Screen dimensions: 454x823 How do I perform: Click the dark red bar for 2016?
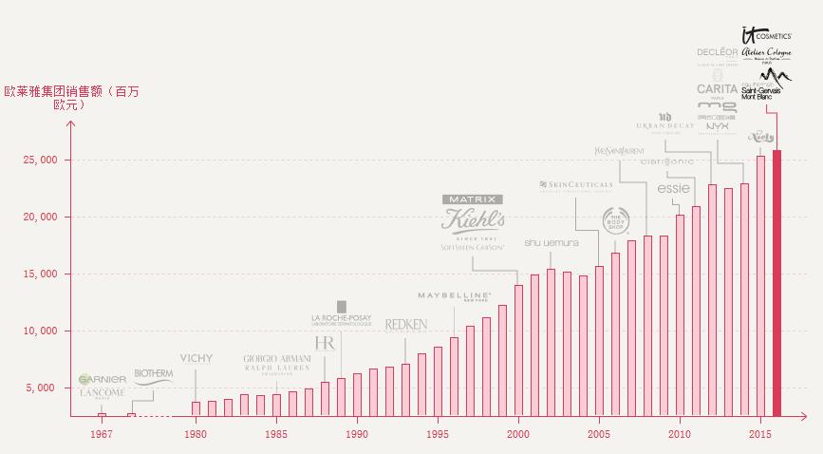(x=777, y=283)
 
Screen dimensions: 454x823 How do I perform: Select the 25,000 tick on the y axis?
(x=39, y=161)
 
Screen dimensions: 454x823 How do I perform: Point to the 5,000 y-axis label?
(x=42, y=388)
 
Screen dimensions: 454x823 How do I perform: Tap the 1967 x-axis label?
(x=101, y=434)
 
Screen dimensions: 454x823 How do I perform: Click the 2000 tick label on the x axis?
(x=518, y=434)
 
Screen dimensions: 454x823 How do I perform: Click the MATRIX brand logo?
(x=473, y=199)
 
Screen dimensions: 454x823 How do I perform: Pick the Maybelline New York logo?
(x=454, y=296)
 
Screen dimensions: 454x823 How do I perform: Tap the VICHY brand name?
(x=196, y=359)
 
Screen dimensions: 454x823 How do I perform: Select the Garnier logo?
(x=103, y=379)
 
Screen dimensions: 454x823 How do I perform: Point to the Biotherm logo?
(x=154, y=374)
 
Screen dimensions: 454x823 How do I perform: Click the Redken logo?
(x=406, y=325)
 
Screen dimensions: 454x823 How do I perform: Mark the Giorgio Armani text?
(x=277, y=358)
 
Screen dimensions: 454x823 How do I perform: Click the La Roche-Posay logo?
(x=342, y=318)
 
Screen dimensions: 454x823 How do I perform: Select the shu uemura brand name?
(x=551, y=243)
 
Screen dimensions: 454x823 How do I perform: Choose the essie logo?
(x=673, y=188)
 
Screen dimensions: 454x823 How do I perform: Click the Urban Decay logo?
(x=664, y=122)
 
